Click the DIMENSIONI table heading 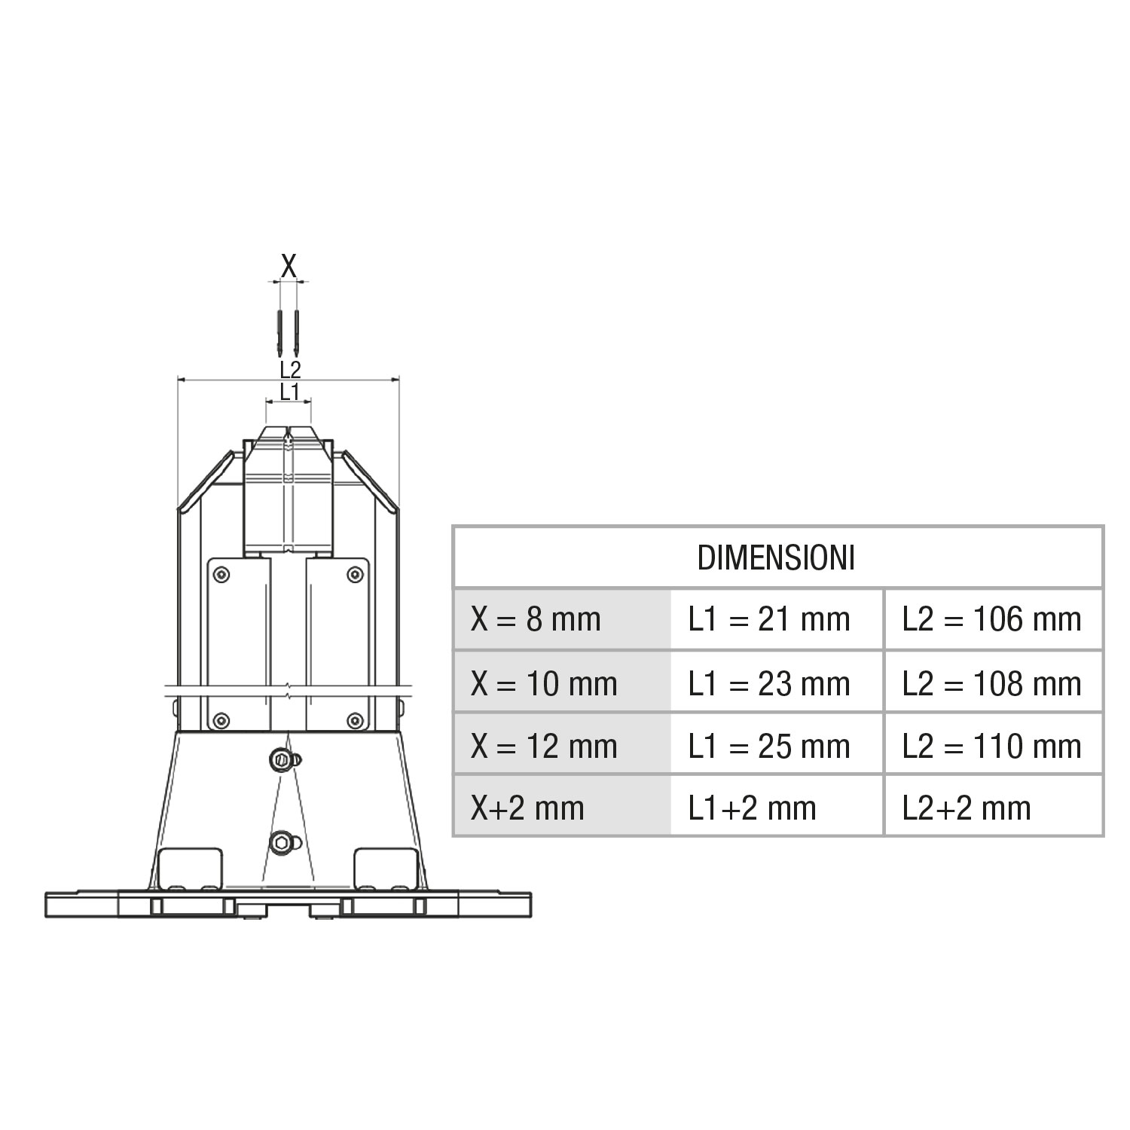[777, 558]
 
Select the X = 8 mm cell [562, 619]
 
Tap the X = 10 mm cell [562, 683]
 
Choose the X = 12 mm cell [562, 745]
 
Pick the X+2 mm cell [562, 807]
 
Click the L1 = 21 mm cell [777, 619]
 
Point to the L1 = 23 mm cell [777, 683]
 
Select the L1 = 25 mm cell [777, 745]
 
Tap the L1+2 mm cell [777, 807]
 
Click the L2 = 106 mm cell [994, 619]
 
